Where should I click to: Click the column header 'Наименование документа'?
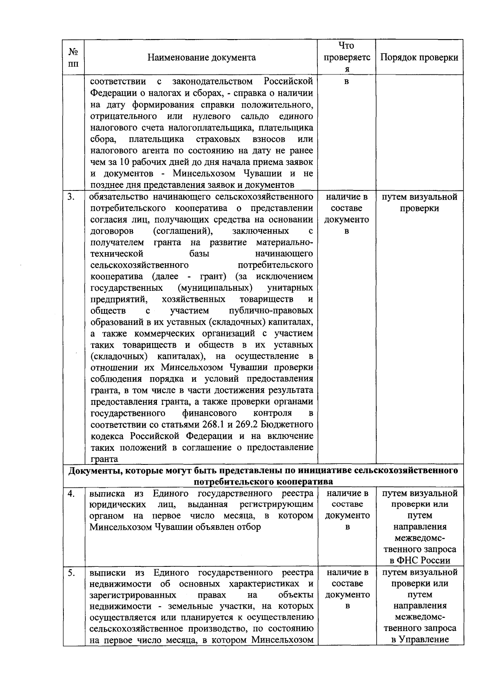tap(201, 57)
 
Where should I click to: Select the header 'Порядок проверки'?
tap(419, 57)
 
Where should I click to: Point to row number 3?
tap(71, 197)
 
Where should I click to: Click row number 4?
tap(71, 493)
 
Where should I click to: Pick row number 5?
tap(71, 573)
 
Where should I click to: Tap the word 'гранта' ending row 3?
tap(104, 459)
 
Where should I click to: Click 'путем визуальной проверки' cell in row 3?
tap(419, 202)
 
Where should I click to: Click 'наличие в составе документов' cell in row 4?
tap(347, 510)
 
